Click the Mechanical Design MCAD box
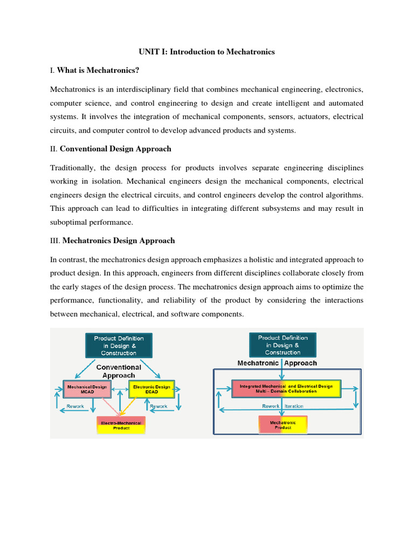coord(87,388)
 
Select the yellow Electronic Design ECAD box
coord(151,388)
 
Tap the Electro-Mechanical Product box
coord(121,425)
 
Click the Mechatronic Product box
coord(283,425)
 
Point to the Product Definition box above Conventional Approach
coord(119,345)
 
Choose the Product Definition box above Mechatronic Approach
coord(283,345)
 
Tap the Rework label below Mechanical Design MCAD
coord(75,406)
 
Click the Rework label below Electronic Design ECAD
coord(158,406)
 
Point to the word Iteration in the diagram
coord(294,406)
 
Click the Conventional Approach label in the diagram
coord(119,371)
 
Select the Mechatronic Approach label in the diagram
coord(278,363)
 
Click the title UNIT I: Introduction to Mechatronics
coord(206,52)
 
